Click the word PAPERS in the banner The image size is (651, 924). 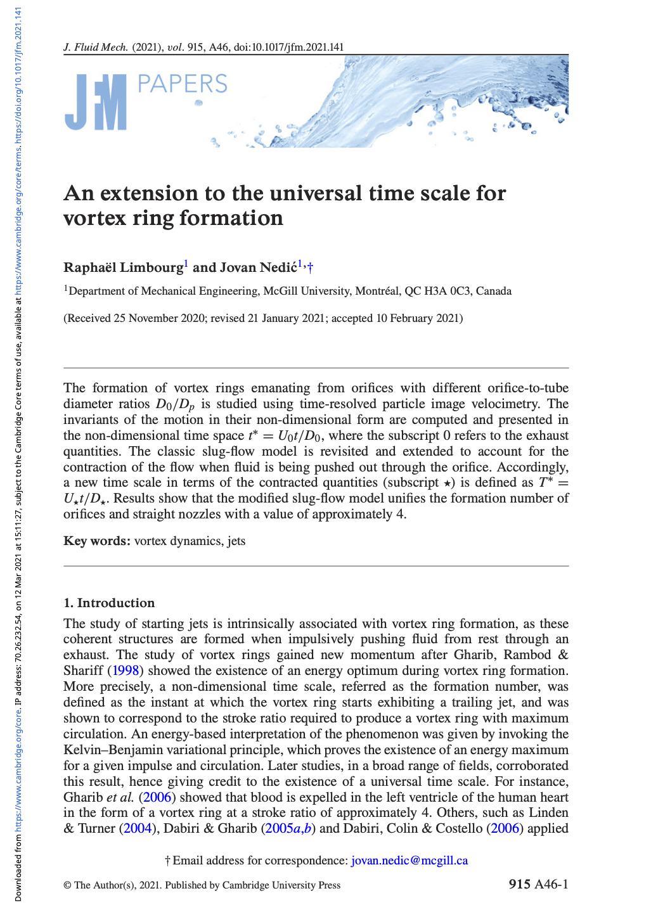[x=182, y=84]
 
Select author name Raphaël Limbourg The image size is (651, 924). [x=124, y=267]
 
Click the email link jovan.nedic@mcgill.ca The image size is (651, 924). [x=409, y=861]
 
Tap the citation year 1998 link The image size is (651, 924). [x=126, y=671]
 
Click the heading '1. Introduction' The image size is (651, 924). [x=109, y=603]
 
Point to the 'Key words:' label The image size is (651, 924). [x=97, y=541]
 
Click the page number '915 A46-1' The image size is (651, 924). [x=538, y=885]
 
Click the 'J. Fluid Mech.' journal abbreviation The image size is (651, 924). [x=96, y=48]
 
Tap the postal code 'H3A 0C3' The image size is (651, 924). [x=447, y=292]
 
